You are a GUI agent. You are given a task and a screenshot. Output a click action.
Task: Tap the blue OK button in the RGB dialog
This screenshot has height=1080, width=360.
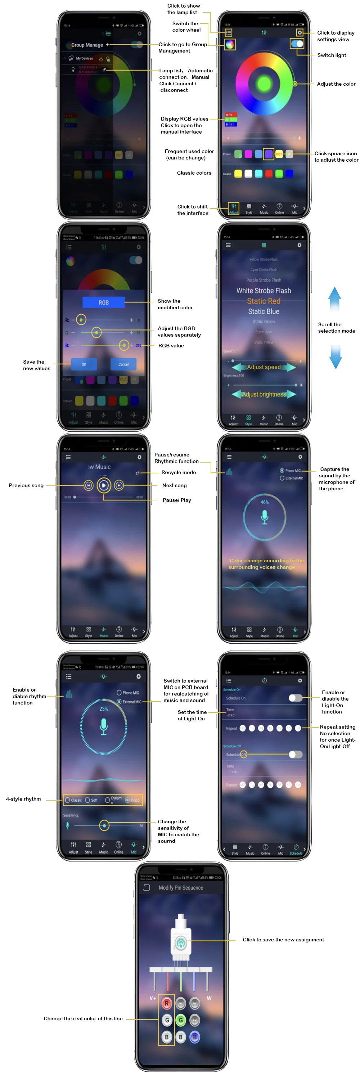tap(84, 364)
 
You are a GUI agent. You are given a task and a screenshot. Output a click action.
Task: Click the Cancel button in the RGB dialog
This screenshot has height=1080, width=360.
tap(123, 364)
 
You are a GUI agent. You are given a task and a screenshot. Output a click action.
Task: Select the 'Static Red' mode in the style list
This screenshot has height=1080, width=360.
tap(264, 301)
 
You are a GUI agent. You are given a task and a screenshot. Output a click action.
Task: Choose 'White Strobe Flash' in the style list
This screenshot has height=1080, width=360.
tap(264, 291)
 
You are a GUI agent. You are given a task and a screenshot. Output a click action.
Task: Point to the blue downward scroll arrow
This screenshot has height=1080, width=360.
tap(335, 357)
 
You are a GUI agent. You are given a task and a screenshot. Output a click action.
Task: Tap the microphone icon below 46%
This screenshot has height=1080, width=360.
tap(265, 517)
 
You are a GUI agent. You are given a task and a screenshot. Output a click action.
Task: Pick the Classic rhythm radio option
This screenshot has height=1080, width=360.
tap(73, 800)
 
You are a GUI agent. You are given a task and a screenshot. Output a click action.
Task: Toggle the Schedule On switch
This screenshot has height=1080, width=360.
tap(295, 698)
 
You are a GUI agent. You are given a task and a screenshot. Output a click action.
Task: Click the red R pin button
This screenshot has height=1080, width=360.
tap(167, 1003)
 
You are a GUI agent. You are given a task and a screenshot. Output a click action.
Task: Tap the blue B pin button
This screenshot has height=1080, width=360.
tap(194, 1037)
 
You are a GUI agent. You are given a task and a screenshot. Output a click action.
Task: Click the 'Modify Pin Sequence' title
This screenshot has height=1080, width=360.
tap(181, 887)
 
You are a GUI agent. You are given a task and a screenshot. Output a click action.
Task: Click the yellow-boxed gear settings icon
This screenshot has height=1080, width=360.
tap(300, 32)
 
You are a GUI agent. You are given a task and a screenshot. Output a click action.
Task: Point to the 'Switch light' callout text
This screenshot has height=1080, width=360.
tap(332, 55)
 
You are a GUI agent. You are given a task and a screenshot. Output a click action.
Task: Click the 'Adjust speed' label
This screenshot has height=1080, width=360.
tap(264, 367)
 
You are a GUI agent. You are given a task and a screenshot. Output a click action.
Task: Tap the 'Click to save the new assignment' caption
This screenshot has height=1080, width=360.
tap(283, 940)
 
